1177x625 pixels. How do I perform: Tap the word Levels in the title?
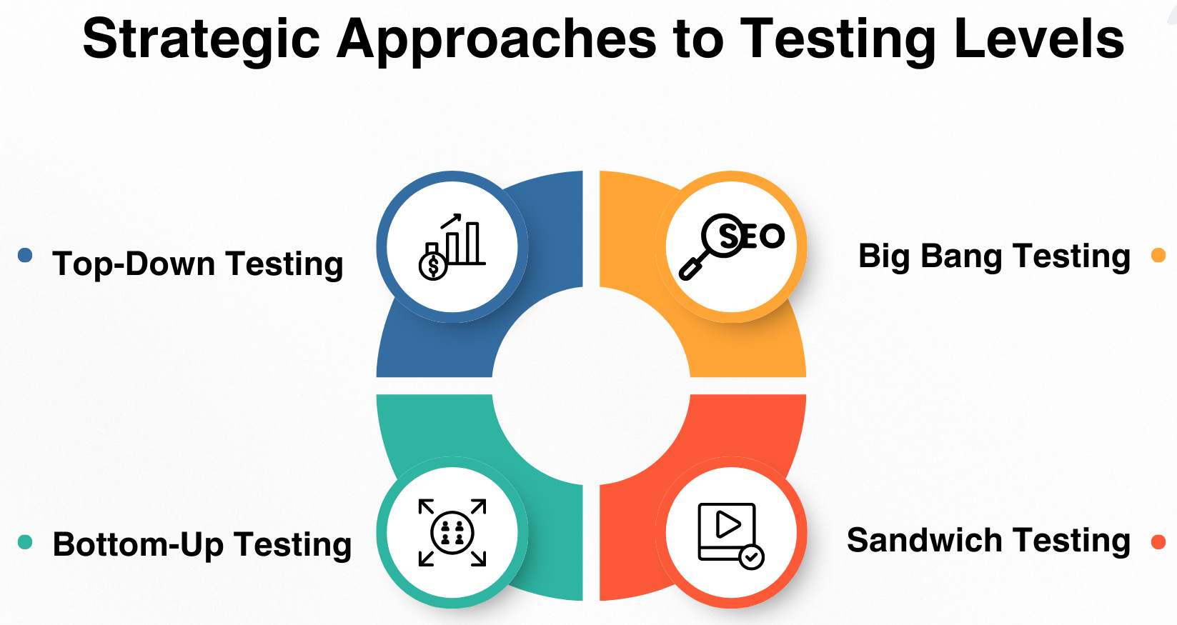[1039, 38]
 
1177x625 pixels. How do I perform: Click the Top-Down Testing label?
[197, 264]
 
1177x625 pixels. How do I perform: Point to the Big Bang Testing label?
[994, 256]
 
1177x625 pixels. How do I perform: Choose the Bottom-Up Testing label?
[202, 544]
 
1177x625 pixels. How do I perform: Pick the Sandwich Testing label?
[988, 541]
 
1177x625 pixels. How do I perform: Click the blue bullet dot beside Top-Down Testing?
[25, 255]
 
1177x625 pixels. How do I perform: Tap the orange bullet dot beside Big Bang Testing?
[1158, 255]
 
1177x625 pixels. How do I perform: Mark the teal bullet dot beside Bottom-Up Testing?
[25, 541]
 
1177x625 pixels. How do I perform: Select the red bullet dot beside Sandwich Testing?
[1158, 541]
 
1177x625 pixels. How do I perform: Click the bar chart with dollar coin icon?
[452, 247]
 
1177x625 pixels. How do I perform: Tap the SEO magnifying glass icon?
[731, 246]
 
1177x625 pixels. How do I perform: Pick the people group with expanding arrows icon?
[452, 533]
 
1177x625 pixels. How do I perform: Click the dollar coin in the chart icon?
[433, 266]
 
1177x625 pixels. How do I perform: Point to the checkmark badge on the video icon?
[751, 557]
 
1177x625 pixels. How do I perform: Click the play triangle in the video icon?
[727, 524]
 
